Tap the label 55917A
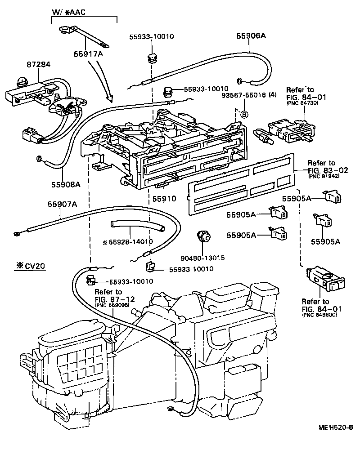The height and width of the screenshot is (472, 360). point(89,54)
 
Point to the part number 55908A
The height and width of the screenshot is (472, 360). point(66,184)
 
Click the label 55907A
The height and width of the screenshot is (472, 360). point(62,204)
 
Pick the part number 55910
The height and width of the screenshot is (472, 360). point(161,198)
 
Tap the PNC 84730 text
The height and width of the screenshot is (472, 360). point(302,103)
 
